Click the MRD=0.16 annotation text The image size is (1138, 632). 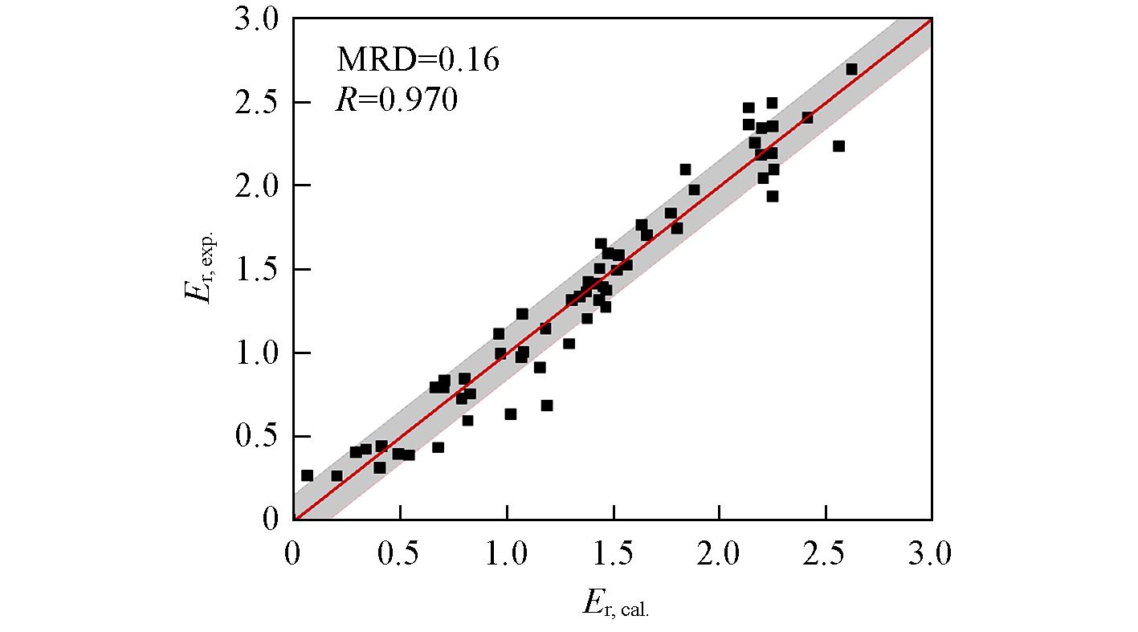417,59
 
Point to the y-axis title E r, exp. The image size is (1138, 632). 198,268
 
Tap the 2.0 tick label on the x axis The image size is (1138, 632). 720,555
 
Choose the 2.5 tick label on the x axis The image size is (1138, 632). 826,555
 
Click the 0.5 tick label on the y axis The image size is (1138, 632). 256,437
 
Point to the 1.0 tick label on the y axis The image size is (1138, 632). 256,353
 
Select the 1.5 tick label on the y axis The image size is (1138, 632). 256,270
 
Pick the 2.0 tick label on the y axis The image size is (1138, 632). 256,186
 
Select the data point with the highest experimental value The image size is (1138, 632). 851,69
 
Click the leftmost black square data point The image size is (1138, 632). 307,475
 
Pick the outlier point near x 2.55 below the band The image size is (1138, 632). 838,146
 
